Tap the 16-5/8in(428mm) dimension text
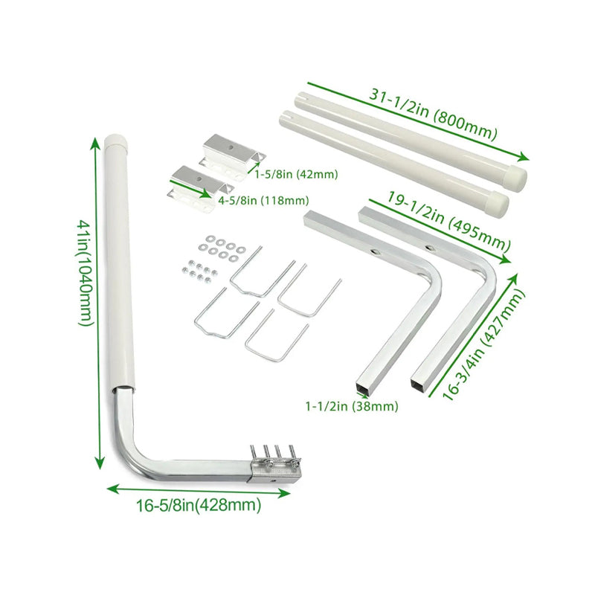(199, 506)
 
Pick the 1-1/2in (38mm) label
(351, 406)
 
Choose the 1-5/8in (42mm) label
(296, 175)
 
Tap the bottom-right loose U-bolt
(274, 335)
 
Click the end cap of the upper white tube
(516, 176)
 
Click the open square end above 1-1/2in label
(364, 389)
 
